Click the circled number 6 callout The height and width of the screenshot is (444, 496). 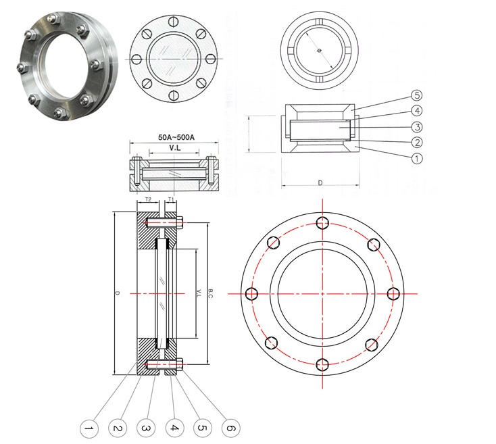tap(230, 428)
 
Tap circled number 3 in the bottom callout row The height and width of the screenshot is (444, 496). tap(145, 428)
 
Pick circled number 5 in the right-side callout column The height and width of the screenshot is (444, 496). tap(417, 95)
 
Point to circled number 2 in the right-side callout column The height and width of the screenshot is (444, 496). tap(417, 142)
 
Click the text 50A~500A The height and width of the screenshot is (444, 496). tap(176, 137)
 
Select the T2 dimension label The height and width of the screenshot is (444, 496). tap(148, 200)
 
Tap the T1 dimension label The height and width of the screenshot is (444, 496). tap(172, 200)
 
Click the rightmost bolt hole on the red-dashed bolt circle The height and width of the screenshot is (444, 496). tap(395, 293)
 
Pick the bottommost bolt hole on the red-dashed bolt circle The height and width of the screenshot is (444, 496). tap(323, 365)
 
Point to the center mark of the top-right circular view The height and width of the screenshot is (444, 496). tap(318, 49)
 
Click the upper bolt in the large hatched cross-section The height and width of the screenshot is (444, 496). tap(164, 222)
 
